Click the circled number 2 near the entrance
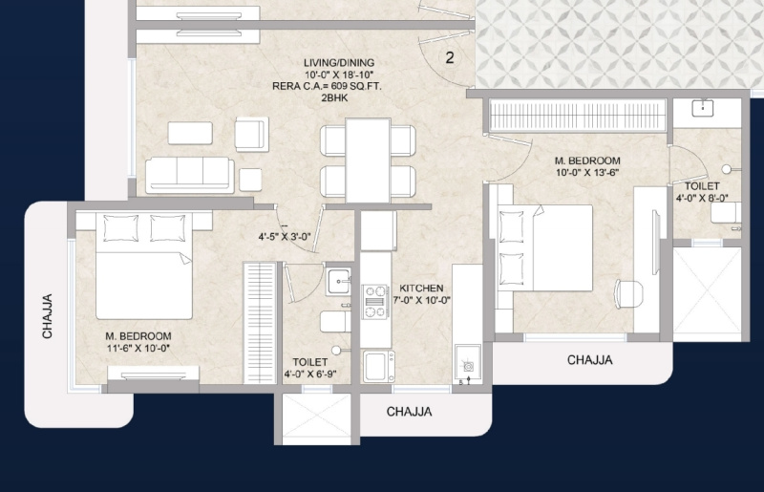click(x=449, y=57)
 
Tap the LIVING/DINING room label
click(x=339, y=63)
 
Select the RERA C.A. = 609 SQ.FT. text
click(x=327, y=86)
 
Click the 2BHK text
click(x=334, y=98)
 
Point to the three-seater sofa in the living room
click(x=189, y=174)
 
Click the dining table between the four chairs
click(x=368, y=160)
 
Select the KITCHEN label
click(x=421, y=289)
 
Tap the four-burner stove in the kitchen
click(x=375, y=302)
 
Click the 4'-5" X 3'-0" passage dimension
click(x=285, y=238)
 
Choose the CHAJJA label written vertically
click(x=47, y=316)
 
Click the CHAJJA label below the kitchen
click(x=410, y=412)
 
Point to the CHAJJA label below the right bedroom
click(x=589, y=360)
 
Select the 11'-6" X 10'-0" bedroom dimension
click(x=138, y=348)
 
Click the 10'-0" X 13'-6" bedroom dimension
click(x=587, y=173)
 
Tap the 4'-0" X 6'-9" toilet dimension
click(x=310, y=374)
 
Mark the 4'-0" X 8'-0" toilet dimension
click(x=702, y=198)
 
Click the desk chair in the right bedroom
click(x=629, y=293)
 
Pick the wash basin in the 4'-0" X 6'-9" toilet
click(x=339, y=282)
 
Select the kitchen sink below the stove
click(x=378, y=367)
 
